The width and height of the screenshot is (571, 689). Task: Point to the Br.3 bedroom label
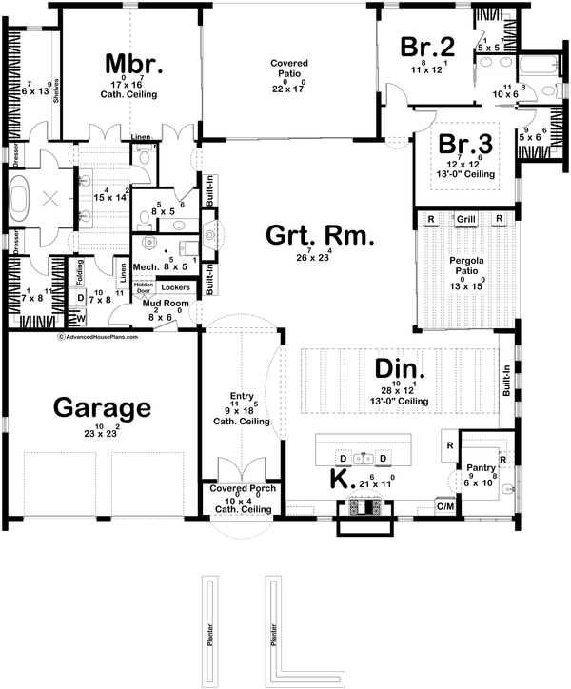point(465,145)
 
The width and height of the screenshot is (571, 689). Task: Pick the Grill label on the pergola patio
point(465,219)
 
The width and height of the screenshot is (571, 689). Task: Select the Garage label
point(101,407)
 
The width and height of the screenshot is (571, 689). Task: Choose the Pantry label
point(479,467)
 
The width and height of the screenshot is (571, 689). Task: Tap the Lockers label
point(176,285)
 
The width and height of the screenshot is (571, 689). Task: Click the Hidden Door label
point(144,286)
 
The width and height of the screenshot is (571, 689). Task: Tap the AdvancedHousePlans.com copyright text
point(98,336)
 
